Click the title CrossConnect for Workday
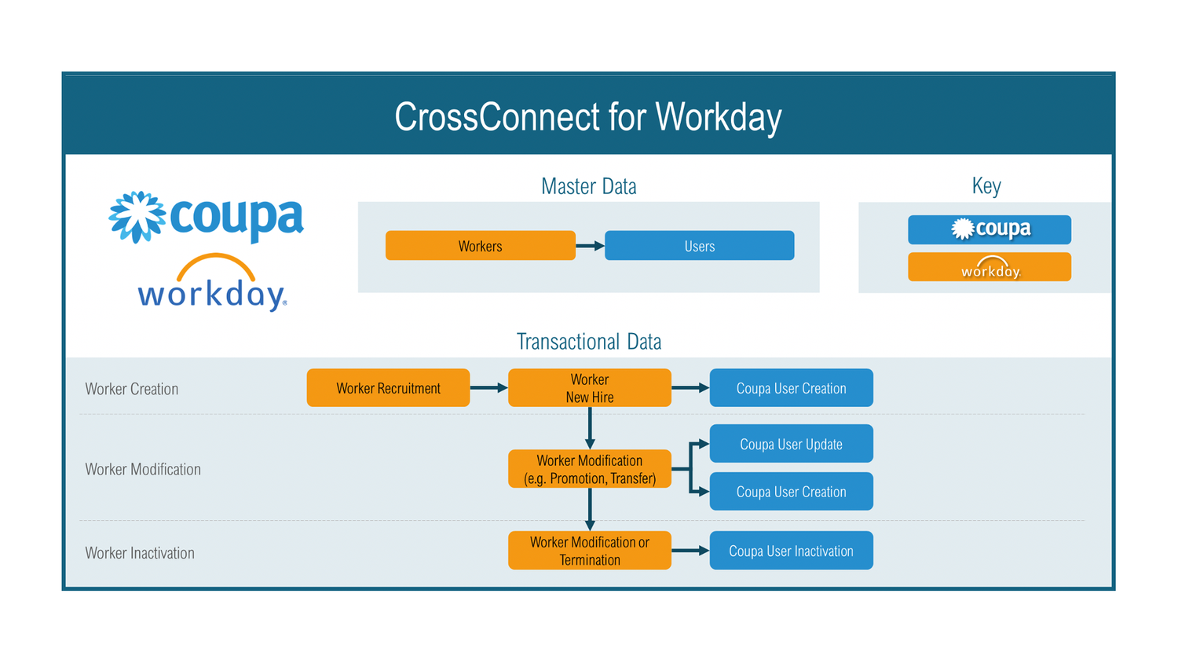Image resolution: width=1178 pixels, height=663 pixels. (x=588, y=117)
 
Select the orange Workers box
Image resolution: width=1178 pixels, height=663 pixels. (x=480, y=246)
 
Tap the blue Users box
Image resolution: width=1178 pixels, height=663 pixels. (x=699, y=246)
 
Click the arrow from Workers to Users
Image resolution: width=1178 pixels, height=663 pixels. (x=590, y=246)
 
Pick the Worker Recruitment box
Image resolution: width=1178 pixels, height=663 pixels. (x=388, y=388)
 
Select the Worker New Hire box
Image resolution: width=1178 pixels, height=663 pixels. (x=589, y=388)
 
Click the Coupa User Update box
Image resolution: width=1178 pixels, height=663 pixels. (x=791, y=444)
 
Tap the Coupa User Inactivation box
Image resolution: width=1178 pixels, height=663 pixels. (x=791, y=551)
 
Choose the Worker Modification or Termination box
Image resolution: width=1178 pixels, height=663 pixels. (x=589, y=551)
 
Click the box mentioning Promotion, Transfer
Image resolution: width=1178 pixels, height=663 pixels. (x=589, y=469)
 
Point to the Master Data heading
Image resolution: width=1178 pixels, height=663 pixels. (x=588, y=186)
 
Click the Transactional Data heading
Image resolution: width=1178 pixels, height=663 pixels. (x=588, y=342)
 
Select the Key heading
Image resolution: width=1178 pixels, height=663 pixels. (x=986, y=186)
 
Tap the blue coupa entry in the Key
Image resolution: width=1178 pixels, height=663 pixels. (x=989, y=229)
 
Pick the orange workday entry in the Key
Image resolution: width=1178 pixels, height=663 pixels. (x=989, y=267)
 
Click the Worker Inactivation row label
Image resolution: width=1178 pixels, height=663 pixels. (x=140, y=553)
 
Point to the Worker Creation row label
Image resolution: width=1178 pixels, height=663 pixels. (x=132, y=389)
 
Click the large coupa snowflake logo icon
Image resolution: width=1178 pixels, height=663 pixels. (x=137, y=217)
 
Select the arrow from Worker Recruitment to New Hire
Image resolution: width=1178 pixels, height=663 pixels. (x=488, y=388)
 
